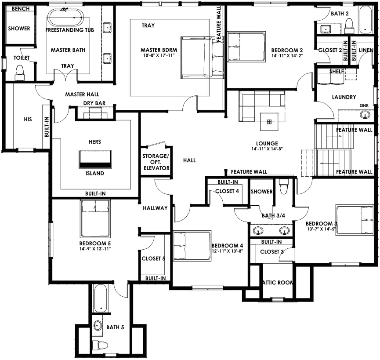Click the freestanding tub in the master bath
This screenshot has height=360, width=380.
[x=65, y=17]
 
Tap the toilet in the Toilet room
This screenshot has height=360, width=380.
[x=20, y=73]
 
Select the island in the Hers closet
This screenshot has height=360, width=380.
[x=95, y=159]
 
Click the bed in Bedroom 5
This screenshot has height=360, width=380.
[x=95, y=218]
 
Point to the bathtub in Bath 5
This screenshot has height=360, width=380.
[x=101, y=298]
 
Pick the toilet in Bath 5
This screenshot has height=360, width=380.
[x=100, y=345]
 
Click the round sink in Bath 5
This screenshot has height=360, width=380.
[x=98, y=325]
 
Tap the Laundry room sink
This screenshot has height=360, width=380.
[x=365, y=114]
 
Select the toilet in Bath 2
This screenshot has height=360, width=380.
[x=349, y=26]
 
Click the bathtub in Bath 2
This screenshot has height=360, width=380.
[x=365, y=20]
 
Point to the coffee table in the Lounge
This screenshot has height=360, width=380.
[x=269, y=122]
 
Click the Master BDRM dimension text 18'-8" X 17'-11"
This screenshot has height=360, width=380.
[x=159, y=55]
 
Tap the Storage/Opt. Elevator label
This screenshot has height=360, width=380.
[x=156, y=162]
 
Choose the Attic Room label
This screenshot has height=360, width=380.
[x=278, y=283]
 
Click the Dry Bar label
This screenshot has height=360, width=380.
[x=94, y=103]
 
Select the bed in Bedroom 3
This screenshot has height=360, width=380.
[x=355, y=220]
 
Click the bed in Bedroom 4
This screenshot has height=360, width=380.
[x=192, y=246]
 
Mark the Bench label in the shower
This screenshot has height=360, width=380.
[x=21, y=9]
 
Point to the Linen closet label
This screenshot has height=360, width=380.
[x=366, y=50]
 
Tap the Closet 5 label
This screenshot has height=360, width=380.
[x=153, y=258]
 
